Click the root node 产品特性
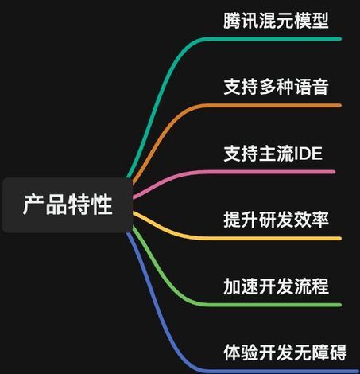point(68,205)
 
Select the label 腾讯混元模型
point(276,21)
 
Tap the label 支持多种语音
point(276,87)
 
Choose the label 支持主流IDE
point(273,154)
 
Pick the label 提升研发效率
point(276,220)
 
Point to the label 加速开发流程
point(276,286)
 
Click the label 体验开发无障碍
point(285,353)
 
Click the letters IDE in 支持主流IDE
point(308,154)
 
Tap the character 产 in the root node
point(33,205)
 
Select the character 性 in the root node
point(102,205)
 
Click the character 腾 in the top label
point(232,21)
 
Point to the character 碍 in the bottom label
point(338,353)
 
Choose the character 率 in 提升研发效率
point(320,220)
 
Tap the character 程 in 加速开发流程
point(320,286)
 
